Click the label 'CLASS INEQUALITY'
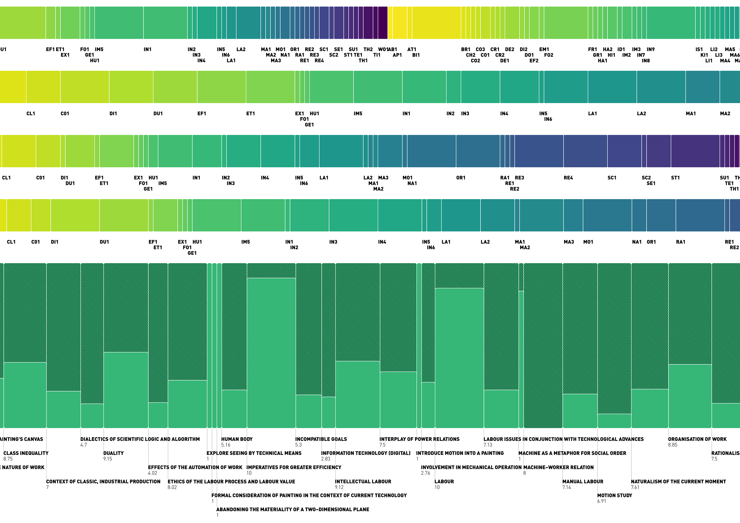coord(26,453)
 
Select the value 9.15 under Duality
coord(108,459)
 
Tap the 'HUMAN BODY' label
coord(236,439)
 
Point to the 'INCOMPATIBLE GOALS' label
coord(321,439)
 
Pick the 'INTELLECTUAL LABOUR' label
coord(363,481)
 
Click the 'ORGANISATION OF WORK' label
coord(697,439)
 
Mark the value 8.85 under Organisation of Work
coord(673,445)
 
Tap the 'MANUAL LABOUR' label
coord(583,481)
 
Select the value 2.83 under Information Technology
coord(325,459)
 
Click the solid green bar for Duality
coord(126,390)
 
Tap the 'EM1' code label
coord(544,49)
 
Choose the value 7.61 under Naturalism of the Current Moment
coord(635,487)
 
